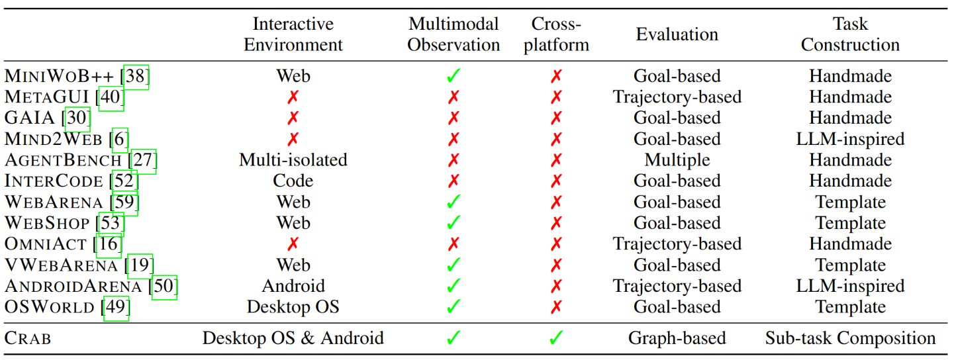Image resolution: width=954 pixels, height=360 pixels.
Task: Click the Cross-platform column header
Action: pyautogui.click(x=556, y=34)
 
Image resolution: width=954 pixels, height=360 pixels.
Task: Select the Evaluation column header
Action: pyautogui.click(x=677, y=34)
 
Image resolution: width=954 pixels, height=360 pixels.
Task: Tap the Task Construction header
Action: pyautogui.click(x=850, y=34)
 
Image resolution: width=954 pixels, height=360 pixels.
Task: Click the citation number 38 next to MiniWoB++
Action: pyautogui.click(x=136, y=77)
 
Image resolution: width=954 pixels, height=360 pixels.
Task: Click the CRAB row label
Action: pyautogui.click(x=28, y=338)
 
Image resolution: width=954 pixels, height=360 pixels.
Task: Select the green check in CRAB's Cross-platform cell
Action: pyautogui.click(x=556, y=338)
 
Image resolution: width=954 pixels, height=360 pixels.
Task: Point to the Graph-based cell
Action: pyautogui.click(x=677, y=338)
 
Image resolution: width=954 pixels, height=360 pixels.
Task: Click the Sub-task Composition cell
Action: pyautogui.click(x=850, y=338)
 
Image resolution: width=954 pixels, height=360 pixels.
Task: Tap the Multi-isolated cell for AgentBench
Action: pyautogui.click(x=293, y=160)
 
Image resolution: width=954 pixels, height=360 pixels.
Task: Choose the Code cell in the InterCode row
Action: pyautogui.click(x=293, y=181)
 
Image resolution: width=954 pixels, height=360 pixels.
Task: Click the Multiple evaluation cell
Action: pyautogui.click(x=677, y=160)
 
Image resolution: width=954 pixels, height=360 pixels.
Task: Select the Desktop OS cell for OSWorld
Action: pyautogui.click(x=293, y=307)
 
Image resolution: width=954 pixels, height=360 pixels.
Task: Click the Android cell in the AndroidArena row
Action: pyautogui.click(x=293, y=286)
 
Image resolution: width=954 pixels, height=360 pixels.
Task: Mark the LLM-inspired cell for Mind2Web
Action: pyautogui.click(x=850, y=139)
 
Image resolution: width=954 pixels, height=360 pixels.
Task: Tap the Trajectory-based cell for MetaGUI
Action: pyautogui.click(x=677, y=97)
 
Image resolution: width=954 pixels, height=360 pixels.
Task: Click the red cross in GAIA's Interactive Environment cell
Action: pyautogui.click(x=293, y=118)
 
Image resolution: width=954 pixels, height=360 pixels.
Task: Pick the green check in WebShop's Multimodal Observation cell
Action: pyautogui.click(x=453, y=222)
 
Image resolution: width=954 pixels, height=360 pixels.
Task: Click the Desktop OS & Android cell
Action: pyautogui.click(x=293, y=338)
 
